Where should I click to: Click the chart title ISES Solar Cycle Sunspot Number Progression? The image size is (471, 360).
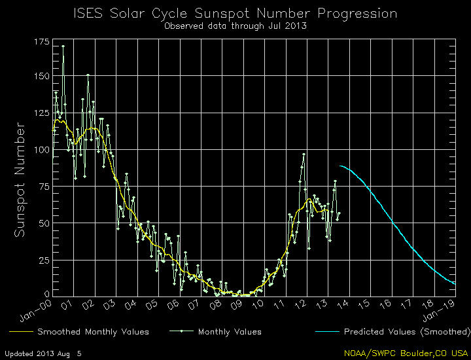pyautogui.click(x=235, y=13)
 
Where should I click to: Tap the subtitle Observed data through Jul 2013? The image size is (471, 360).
pyautogui.click(x=235, y=26)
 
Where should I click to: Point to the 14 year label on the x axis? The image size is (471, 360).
pyautogui.click(x=343, y=305)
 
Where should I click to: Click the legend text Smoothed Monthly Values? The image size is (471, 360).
pyautogui.click(x=93, y=332)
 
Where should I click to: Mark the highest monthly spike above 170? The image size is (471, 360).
pyautogui.click(x=63, y=46)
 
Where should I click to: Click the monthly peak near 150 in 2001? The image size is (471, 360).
pyautogui.click(x=88, y=75)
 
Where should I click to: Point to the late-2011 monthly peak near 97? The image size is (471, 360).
pyautogui.click(x=304, y=154)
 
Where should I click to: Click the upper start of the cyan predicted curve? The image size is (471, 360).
pyautogui.click(x=341, y=166)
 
